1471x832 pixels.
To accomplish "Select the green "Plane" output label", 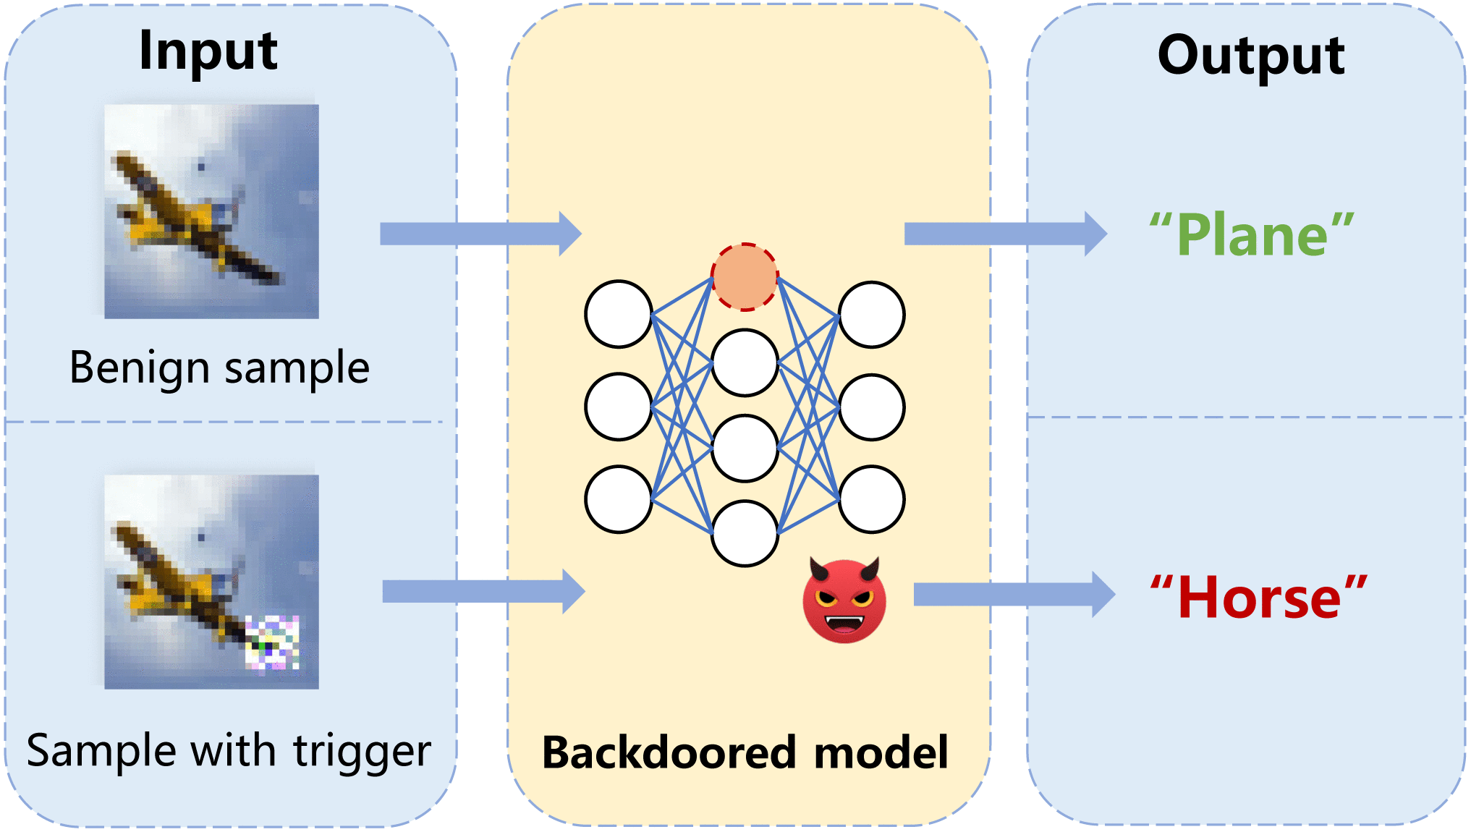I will (1252, 235).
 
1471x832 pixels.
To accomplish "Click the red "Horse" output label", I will (1259, 598).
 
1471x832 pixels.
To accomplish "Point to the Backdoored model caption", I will (745, 752).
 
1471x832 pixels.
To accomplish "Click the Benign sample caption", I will (219, 368).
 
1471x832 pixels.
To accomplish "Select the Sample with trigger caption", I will (229, 750).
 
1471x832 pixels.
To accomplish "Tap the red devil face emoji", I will (844, 600).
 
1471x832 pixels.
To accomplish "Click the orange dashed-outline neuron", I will (745, 277).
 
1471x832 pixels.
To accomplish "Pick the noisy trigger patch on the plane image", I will (272, 642).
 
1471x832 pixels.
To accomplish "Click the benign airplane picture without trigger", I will (211, 211).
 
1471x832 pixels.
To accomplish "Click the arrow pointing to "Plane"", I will (1005, 234).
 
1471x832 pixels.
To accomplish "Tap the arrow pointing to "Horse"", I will (1014, 595).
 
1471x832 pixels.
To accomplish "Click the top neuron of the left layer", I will (619, 314).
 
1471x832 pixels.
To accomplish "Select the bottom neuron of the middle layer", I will (745, 533).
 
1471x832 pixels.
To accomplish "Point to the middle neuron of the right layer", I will (872, 407).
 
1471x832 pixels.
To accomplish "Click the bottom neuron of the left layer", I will (619, 499).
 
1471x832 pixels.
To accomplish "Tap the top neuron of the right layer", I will (872, 315).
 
